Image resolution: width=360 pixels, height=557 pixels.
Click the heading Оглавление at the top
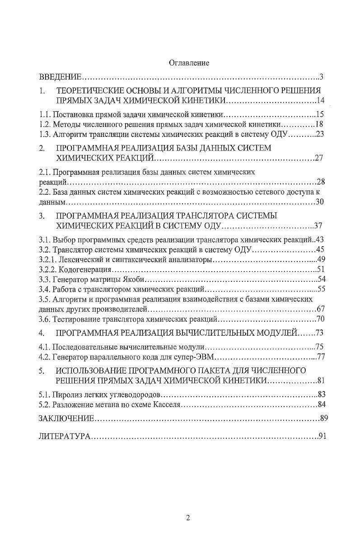189,63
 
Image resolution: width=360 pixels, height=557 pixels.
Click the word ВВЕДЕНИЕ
60,76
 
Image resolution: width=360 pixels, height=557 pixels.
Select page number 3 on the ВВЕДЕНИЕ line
321,76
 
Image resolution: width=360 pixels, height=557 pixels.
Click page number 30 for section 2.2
320,202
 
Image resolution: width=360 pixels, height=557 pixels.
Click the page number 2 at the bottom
188,518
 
